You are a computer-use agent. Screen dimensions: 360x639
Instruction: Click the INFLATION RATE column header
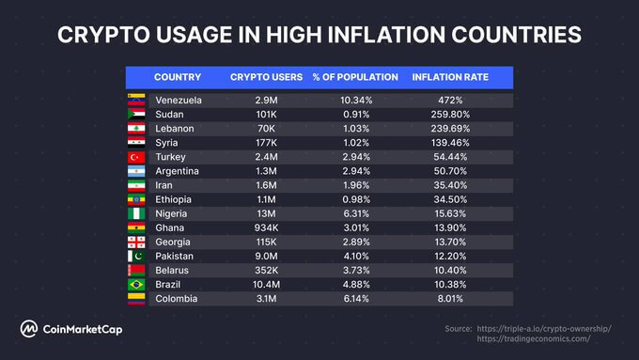tap(450, 76)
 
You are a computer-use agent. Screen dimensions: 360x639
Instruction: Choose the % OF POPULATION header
tap(355, 76)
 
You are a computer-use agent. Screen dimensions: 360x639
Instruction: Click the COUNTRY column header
tap(177, 76)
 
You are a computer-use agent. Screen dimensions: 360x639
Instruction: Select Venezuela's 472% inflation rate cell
tap(453, 100)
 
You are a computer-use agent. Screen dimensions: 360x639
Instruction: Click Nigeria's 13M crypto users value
tap(265, 213)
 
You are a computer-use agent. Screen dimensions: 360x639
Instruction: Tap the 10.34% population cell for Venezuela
tap(355, 100)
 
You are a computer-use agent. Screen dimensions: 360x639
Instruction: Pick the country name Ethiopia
tap(175, 198)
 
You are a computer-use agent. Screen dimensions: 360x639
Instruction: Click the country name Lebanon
tap(175, 128)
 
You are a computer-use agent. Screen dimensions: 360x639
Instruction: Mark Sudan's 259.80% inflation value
tap(453, 114)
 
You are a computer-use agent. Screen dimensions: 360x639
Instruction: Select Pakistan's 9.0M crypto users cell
tap(265, 256)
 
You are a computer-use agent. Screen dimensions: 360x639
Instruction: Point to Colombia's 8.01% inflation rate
tap(453, 298)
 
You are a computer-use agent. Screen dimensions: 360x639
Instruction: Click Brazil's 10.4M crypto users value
tap(265, 284)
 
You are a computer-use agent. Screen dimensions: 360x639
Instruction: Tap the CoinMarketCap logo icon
tap(31, 329)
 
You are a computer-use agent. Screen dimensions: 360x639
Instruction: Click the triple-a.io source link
tap(544, 328)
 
